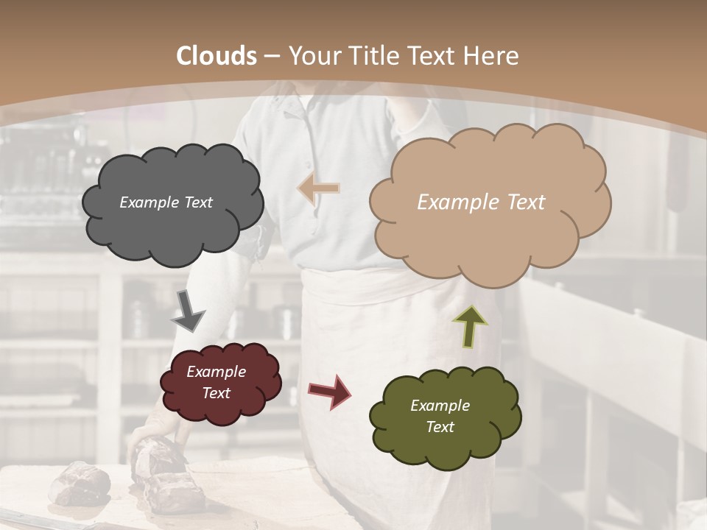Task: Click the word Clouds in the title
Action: [x=217, y=56]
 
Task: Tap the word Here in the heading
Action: [x=492, y=56]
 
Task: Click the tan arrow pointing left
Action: [x=319, y=188]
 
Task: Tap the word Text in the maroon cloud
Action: [x=217, y=393]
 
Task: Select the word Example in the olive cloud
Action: [x=440, y=406]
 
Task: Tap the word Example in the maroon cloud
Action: [x=217, y=372]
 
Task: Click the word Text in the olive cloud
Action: [x=440, y=427]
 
